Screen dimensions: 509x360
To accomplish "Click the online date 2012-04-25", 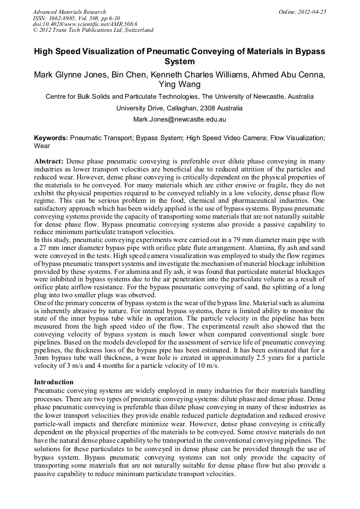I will coord(314,12).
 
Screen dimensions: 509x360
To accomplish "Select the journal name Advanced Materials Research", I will coord(69,12).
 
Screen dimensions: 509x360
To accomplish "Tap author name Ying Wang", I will coord(179,84).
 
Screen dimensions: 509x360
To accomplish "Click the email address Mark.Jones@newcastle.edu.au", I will coord(179,119).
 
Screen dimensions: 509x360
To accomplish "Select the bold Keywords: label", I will coord(51,137).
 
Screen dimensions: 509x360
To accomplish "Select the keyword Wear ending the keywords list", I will coord(42,145).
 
